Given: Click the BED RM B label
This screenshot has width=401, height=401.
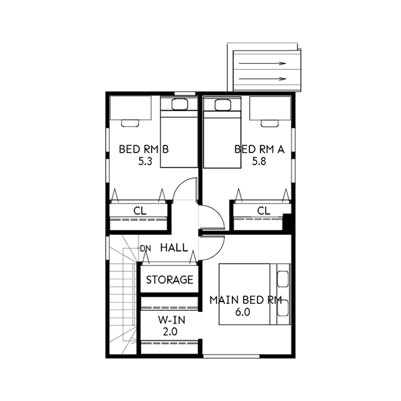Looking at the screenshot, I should [x=144, y=149].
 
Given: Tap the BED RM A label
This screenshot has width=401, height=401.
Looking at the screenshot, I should [x=259, y=149].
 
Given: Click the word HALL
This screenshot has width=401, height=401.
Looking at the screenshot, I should [x=174, y=248].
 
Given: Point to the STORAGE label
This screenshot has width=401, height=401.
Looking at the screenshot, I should [x=169, y=279].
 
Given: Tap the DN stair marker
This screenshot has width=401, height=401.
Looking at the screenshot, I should [x=145, y=249].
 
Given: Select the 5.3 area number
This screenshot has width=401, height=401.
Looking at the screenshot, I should [x=145, y=162].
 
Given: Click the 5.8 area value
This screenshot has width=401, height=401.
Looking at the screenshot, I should [x=259, y=162].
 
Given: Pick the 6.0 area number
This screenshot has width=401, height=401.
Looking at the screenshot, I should [x=243, y=312].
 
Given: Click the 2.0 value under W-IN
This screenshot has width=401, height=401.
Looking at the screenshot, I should [x=169, y=331].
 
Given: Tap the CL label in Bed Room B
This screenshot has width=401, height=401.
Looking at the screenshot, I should [x=140, y=211].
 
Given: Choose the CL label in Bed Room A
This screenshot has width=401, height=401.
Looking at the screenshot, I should [x=263, y=211].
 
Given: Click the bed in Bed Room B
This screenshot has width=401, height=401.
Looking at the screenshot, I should [x=179, y=133].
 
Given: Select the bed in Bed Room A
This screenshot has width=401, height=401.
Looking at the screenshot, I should [x=222, y=133].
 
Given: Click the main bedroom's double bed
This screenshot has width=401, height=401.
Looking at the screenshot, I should [x=253, y=294].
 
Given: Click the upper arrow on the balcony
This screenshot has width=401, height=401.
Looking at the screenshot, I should [x=263, y=63].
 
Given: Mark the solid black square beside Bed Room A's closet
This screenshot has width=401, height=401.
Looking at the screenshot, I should [x=288, y=221].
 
